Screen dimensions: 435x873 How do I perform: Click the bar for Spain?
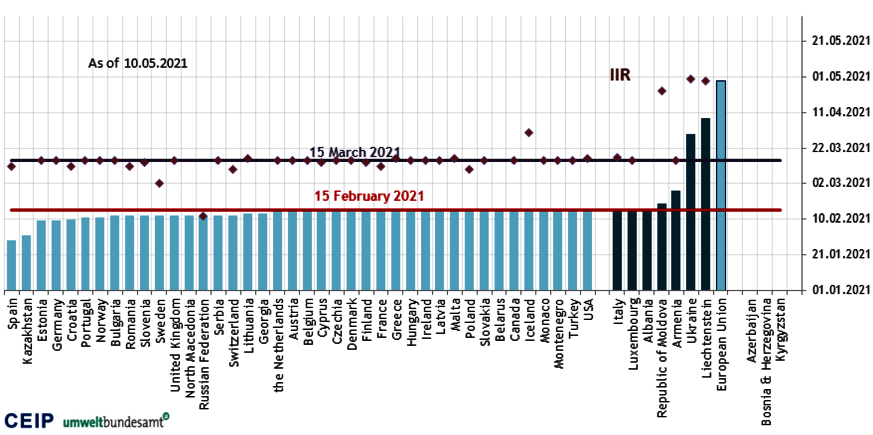click(12, 265)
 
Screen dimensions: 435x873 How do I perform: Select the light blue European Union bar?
click(721, 185)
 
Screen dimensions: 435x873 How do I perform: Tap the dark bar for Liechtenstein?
click(705, 204)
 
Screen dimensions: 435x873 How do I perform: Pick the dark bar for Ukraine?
click(691, 212)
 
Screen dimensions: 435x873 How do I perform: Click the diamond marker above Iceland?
click(529, 133)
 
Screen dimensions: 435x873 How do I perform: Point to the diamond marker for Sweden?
click(159, 183)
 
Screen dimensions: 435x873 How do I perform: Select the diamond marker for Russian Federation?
click(203, 216)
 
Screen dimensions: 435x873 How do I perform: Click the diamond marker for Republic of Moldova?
click(662, 91)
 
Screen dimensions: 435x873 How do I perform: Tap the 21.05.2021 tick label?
click(841, 41)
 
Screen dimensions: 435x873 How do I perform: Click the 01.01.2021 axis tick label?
click(841, 290)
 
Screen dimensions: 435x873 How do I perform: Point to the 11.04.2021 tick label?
click(841, 113)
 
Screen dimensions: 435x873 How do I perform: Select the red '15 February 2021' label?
click(369, 196)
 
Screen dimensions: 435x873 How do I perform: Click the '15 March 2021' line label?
click(354, 152)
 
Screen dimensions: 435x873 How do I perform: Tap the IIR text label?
click(620, 75)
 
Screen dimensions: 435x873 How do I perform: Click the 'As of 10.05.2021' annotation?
click(137, 64)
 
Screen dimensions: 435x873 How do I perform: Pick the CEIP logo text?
click(29, 421)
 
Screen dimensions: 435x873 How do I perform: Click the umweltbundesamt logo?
click(116, 421)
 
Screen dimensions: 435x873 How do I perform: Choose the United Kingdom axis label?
click(175, 345)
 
